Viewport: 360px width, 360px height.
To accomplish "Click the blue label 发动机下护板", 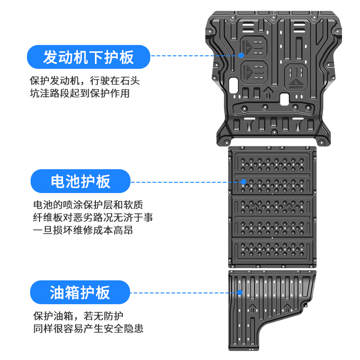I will click(x=89, y=57).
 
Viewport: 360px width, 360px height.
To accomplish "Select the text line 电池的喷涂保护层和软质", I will click(x=88, y=205).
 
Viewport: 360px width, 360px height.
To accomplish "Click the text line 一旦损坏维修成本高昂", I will click(x=83, y=230).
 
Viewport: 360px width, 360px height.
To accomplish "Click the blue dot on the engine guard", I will click(x=241, y=55).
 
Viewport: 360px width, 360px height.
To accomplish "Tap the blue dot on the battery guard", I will click(x=243, y=182).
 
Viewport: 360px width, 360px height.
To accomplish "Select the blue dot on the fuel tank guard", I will click(x=240, y=292).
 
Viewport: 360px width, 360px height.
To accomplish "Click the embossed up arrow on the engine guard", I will click(x=268, y=92).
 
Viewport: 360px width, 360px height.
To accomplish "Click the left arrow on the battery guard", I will click(x=255, y=208).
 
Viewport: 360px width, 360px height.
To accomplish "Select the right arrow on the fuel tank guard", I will click(x=287, y=308).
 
